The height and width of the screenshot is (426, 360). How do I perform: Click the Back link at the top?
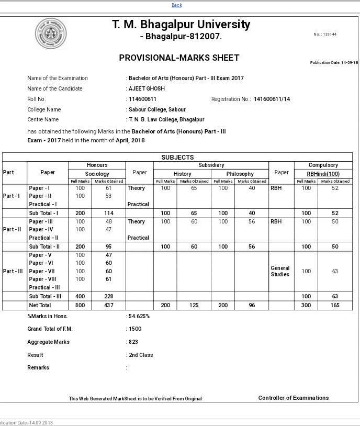click(177, 5)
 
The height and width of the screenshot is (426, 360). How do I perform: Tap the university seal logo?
click(51, 34)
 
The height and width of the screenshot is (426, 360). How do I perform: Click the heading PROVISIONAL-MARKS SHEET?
click(179, 58)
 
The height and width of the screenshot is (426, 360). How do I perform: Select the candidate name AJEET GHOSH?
click(147, 88)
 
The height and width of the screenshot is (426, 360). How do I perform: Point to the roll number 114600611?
click(143, 99)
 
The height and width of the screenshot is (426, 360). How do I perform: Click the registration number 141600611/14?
click(272, 99)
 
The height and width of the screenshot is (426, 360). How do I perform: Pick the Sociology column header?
click(97, 173)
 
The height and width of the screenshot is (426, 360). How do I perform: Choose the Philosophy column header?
click(240, 173)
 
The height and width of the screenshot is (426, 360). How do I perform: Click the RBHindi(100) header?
click(323, 173)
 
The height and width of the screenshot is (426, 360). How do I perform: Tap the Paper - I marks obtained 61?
click(109, 188)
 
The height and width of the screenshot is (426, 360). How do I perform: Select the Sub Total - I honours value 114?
click(109, 213)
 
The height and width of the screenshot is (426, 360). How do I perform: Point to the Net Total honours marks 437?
click(109, 305)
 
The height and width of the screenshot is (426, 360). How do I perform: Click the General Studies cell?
click(280, 271)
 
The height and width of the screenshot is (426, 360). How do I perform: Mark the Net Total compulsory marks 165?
click(335, 305)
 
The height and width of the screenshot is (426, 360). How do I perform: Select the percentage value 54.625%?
click(139, 316)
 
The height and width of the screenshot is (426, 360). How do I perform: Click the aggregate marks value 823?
click(134, 342)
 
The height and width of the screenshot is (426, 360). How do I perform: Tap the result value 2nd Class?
click(141, 355)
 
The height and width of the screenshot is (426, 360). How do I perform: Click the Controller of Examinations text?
click(294, 398)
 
